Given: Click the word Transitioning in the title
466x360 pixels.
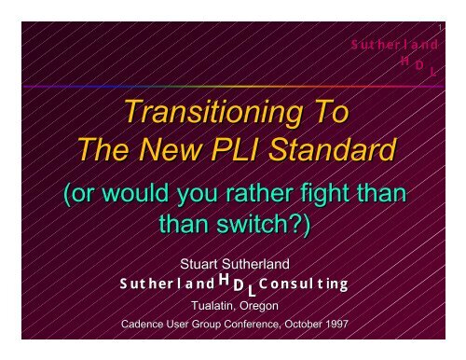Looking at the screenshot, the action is click(213, 113).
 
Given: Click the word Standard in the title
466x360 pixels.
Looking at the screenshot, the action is click(333, 149).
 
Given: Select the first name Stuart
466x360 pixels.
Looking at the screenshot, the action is click(199, 264).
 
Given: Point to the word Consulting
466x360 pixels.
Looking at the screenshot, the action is click(303, 284).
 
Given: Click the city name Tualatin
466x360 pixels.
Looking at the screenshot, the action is click(212, 306).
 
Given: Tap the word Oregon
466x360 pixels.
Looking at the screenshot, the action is click(259, 307).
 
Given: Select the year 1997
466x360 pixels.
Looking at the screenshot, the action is click(336, 325).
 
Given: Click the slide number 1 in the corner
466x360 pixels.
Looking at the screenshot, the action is click(440, 28).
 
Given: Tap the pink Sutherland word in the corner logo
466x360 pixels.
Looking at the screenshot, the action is click(394, 45).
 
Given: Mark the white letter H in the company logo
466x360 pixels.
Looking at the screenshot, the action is click(224, 280).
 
